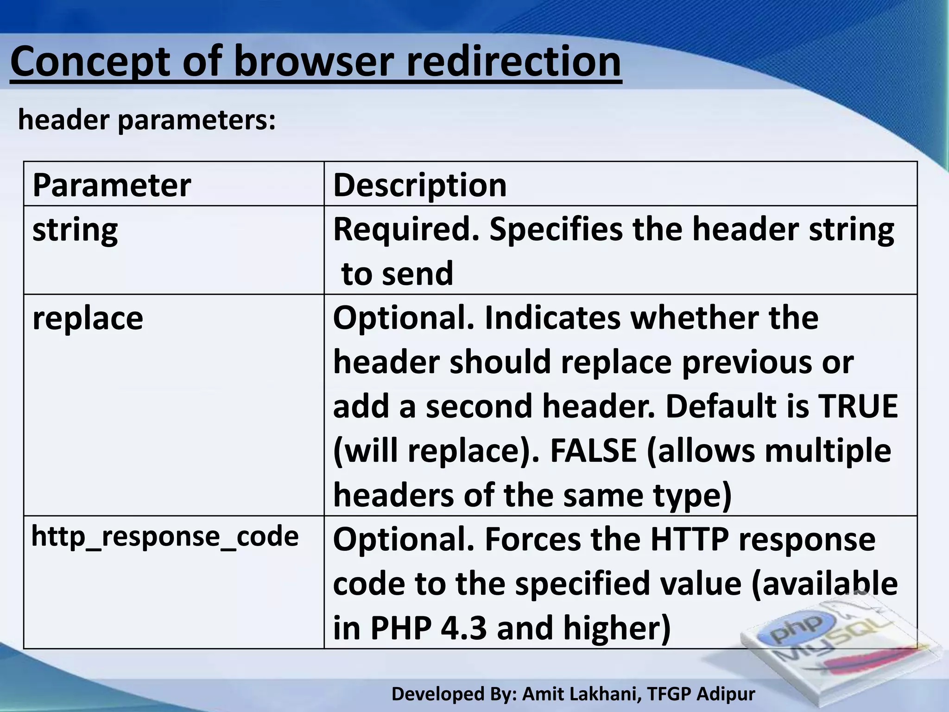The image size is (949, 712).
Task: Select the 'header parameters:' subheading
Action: [147, 120]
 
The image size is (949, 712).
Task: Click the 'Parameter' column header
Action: [112, 185]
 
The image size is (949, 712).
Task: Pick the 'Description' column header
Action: [420, 185]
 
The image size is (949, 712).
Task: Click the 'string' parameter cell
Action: [75, 229]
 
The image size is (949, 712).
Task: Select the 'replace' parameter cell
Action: [88, 318]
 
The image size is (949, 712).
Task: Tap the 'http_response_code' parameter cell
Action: [165, 537]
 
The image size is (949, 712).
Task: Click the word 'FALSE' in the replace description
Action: [593, 451]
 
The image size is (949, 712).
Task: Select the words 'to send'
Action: [397, 273]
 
